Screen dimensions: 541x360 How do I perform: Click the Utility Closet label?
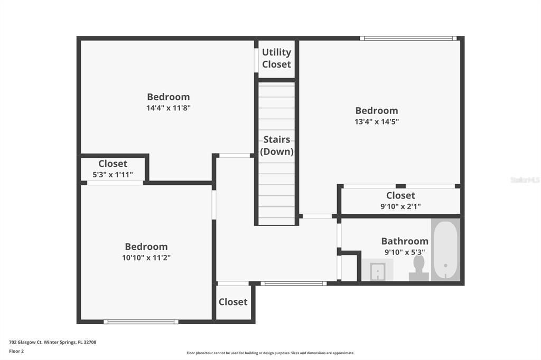(276, 58)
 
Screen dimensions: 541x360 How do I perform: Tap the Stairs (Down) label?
(277, 145)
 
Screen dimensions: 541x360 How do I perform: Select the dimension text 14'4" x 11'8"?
(169, 108)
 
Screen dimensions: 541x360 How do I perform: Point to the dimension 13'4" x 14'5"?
(377, 121)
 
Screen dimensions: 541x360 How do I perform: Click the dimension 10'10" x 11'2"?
(146, 258)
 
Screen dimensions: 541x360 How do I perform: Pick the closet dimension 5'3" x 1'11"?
(113, 175)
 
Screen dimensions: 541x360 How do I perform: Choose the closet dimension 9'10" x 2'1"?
(400, 206)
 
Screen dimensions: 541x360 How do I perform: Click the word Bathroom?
(405, 241)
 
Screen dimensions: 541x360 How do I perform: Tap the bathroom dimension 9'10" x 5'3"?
(405, 252)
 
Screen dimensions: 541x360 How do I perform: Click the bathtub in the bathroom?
(445, 250)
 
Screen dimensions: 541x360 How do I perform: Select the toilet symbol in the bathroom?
(419, 268)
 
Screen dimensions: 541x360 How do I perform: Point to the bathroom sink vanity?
(377, 270)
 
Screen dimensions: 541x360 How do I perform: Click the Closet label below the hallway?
(233, 302)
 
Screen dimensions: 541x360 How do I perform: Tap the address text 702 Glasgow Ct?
(25, 342)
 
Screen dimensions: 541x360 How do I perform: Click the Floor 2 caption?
(16, 352)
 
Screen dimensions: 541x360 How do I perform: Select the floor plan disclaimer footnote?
(270, 353)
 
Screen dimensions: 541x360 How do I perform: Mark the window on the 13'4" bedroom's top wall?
(408, 39)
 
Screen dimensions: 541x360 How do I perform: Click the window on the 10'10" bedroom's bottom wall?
(141, 321)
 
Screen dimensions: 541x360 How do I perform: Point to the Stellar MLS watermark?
(525, 179)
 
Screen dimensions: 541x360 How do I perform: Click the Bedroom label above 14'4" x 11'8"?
(169, 97)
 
